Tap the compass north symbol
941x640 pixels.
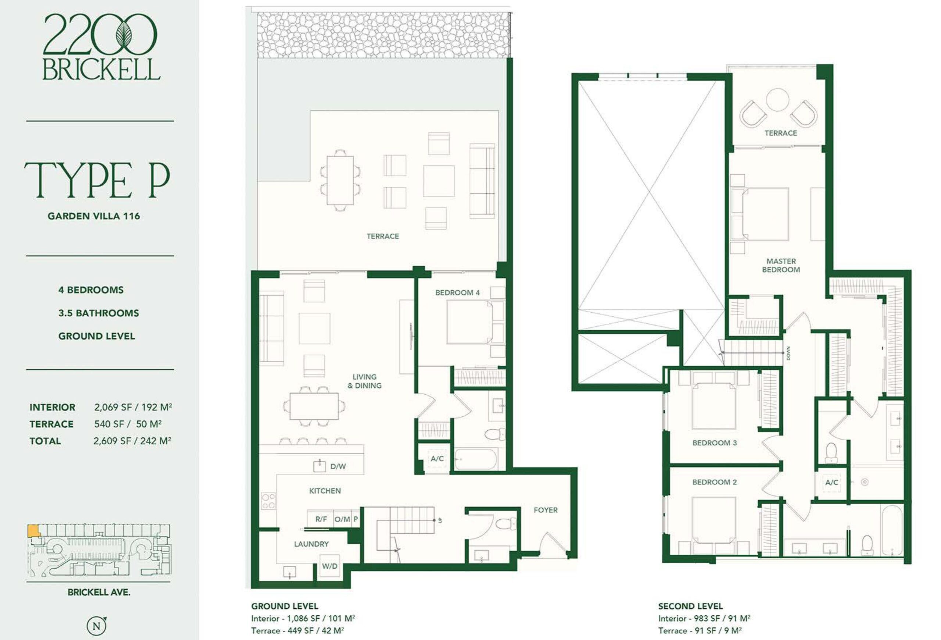tap(97, 626)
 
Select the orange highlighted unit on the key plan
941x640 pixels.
tap(33, 531)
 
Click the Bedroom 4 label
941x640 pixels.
tap(458, 292)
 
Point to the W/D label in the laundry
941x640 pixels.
tap(330, 566)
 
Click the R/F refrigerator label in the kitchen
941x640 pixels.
tap(321, 519)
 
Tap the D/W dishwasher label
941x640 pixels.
tap(338, 466)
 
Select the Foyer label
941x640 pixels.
tap(545, 510)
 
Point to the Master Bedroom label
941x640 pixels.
tap(781, 265)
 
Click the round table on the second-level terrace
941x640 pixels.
tap(777, 100)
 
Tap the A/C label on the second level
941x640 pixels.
tap(832, 483)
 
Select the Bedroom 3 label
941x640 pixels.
tap(715, 443)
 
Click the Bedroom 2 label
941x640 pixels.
tap(715, 482)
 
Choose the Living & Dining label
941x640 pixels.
tap(364, 381)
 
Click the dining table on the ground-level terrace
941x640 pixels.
tap(340, 180)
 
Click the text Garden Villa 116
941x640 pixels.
tap(94, 216)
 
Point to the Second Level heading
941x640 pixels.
tap(690, 607)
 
